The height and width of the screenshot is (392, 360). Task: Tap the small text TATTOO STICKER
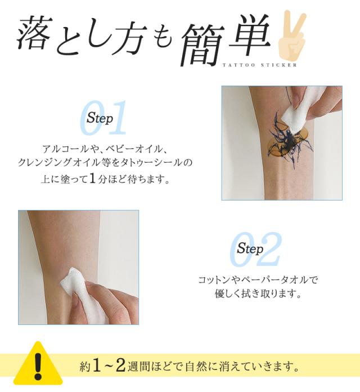(259, 64)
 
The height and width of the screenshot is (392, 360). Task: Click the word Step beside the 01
(100, 119)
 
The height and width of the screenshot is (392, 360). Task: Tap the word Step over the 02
(250, 248)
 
